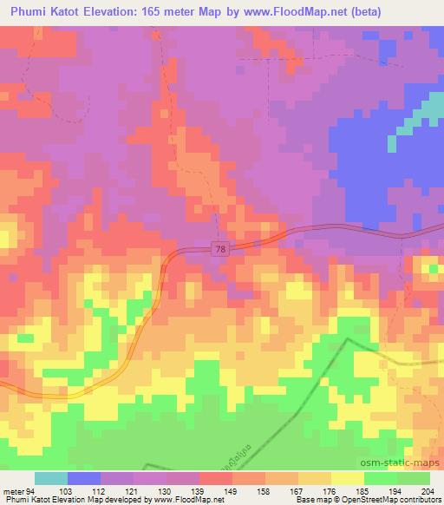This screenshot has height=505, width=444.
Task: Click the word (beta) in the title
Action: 387,10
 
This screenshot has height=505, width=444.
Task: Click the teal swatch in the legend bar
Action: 50,478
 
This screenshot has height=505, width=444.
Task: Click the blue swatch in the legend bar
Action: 83,478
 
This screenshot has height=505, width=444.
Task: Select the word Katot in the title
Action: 61,10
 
